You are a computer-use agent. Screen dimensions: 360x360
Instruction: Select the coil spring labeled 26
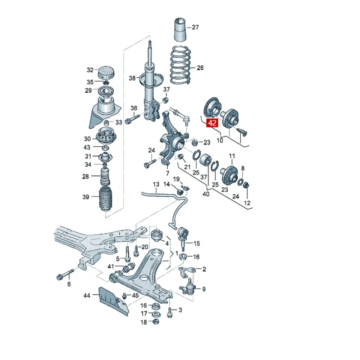180,65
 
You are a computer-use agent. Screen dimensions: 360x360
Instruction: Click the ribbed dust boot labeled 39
106,200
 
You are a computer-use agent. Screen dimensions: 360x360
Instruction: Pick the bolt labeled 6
65,274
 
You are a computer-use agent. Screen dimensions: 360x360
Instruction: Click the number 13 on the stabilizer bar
156,184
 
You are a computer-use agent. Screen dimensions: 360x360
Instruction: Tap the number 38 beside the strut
132,78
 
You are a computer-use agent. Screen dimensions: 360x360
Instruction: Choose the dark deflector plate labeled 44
112,301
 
